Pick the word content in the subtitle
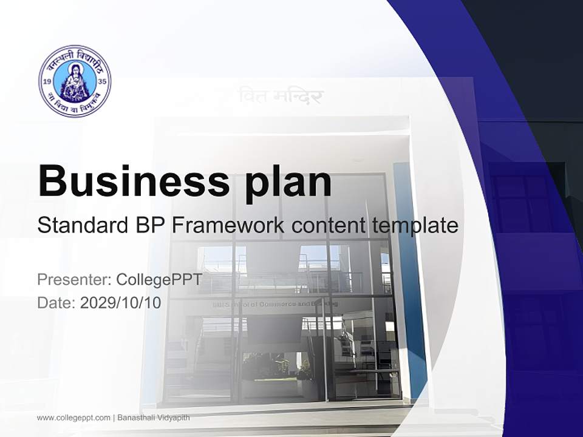[327, 226]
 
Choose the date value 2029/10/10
[121, 302]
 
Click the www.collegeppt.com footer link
[73, 418]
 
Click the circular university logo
[75, 81]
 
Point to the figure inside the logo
[75, 82]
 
